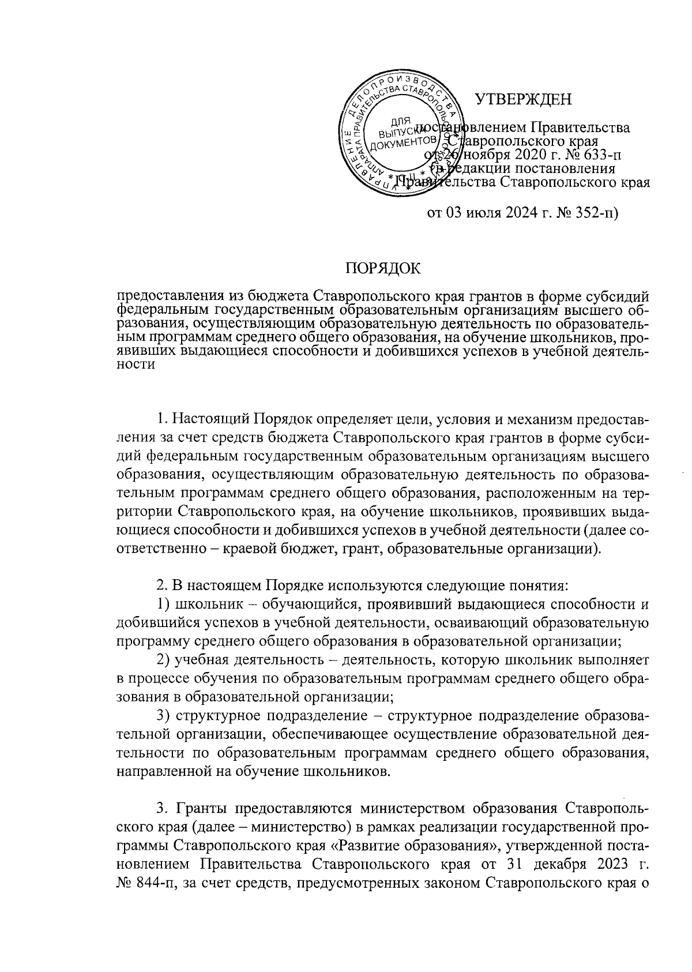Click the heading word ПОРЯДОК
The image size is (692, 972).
383,268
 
